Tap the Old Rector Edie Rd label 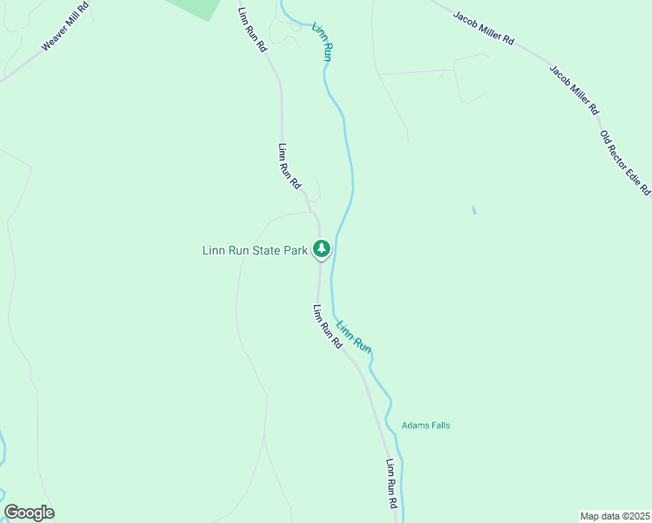coord(625,162)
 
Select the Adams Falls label coord(425,425)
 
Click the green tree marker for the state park coord(322,249)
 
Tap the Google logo coord(29,513)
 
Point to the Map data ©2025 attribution coord(615,515)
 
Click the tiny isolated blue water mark coord(474,210)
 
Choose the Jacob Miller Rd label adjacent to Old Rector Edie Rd coord(574,90)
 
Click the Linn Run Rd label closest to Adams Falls coord(393,485)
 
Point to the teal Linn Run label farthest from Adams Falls coord(322,41)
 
